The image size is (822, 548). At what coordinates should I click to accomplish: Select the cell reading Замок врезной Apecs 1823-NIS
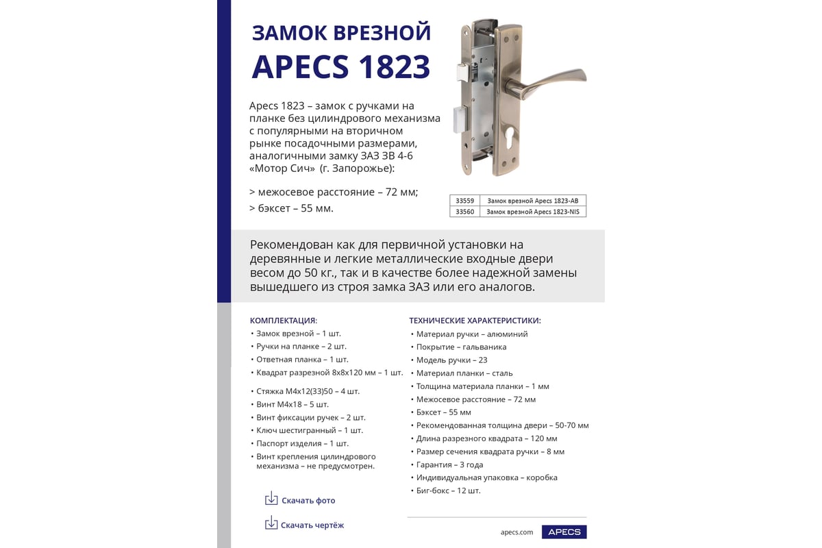(532, 212)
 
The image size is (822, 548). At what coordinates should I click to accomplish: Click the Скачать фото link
(308, 501)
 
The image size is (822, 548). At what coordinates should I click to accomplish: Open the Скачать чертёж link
(312, 525)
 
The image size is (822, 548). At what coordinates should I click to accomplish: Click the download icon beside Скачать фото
(271, 499)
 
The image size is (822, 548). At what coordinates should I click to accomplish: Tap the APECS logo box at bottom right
(564, 532)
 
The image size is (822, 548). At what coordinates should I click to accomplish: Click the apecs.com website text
(516, 532)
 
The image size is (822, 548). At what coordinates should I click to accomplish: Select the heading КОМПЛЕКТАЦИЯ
(283, 320)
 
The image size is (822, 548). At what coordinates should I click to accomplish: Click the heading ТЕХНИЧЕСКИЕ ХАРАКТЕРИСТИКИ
(475, 320)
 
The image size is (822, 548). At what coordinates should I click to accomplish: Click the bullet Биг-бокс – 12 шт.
(448, 490)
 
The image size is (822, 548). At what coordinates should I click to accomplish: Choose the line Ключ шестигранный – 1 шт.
(310, 430)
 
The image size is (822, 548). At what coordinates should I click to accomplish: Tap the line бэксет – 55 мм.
(295, 208)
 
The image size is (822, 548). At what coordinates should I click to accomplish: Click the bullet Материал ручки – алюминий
(472, 334)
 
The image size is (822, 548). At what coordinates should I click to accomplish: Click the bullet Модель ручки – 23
(451, 360)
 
